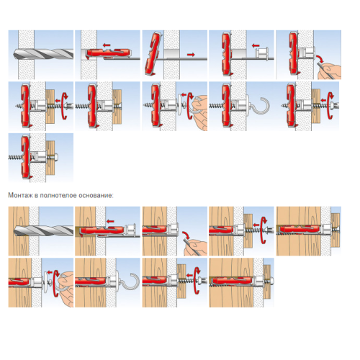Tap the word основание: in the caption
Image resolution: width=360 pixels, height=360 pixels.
[x=97, y=195]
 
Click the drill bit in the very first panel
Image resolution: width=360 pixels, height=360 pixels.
[x=43, y=55]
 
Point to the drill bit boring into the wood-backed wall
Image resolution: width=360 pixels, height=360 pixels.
[x=43, y=231]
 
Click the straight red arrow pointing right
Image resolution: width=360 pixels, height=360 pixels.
[x=191, y=55]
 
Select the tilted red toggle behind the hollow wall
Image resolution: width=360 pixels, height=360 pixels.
[x=153, y=53]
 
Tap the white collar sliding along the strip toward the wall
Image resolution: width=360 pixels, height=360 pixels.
[x=261, y=53]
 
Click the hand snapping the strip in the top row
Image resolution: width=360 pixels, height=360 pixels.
[x=330, y=71]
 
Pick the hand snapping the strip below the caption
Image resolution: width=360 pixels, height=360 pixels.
[x=196, y=248]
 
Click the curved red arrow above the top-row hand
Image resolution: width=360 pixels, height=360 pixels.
[x=319, y=58]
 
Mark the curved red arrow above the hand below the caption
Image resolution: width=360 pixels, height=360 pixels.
[x=186, y=235]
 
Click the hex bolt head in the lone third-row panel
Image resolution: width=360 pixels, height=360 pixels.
[x=55, y=158]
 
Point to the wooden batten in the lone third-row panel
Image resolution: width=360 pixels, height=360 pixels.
[x=50, y=157]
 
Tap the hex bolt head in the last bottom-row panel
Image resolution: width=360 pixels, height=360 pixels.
[x=271, y=281]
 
